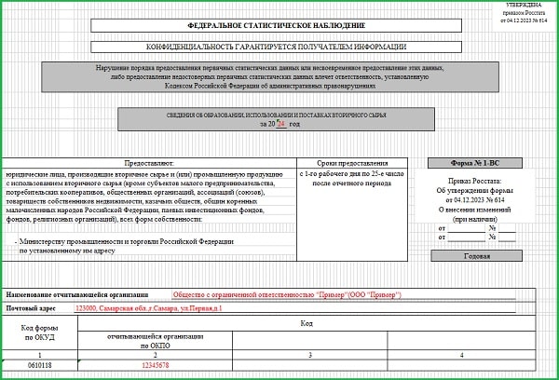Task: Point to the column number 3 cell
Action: pos(307,354)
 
